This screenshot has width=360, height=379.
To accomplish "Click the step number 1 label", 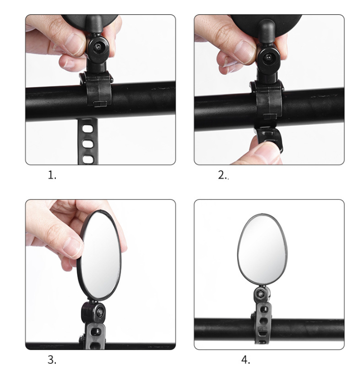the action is pos(52,175).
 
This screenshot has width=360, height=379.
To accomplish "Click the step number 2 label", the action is pos(223,175).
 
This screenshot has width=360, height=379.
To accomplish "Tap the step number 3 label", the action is pos(52,360).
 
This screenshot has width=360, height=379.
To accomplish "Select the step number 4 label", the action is pos(246,360).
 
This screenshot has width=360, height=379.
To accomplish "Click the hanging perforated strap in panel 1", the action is pos(88,141).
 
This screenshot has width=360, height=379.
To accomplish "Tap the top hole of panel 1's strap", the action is pos(87,129).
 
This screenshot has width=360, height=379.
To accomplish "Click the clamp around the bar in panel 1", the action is pos(96,89).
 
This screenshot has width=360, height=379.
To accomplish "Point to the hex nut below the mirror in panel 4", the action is pos(261,294).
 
